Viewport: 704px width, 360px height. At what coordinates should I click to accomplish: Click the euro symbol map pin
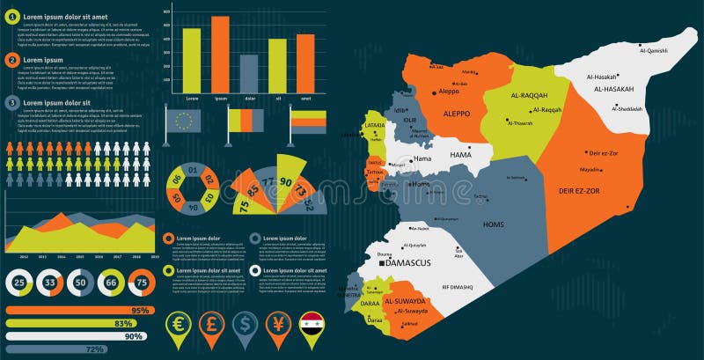[x=180, y=323]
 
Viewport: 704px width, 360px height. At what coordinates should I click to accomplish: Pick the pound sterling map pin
[x=212, y=323]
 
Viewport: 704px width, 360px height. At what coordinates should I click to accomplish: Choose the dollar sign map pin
[x=246, y=323]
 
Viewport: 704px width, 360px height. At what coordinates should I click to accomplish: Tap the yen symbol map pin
[x=279, y=323]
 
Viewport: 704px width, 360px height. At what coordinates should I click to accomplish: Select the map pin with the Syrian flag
[x=312, y=323]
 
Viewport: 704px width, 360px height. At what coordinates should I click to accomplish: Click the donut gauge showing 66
[x=111, y=283]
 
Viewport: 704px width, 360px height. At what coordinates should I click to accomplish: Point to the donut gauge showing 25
[x=19, y=283]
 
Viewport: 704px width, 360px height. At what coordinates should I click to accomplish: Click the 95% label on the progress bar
[x=138, y=311]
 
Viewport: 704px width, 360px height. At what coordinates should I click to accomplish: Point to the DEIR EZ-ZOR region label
[x=579, y=190]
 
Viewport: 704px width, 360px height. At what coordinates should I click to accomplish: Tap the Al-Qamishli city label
[x=653, y=51]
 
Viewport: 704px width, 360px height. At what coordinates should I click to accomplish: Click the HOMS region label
[x=494, y=224]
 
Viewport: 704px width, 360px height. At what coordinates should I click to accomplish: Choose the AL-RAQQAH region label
[x=529, y=94]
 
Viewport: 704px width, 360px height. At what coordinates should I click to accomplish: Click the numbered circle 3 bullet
[x=12, y=103]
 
